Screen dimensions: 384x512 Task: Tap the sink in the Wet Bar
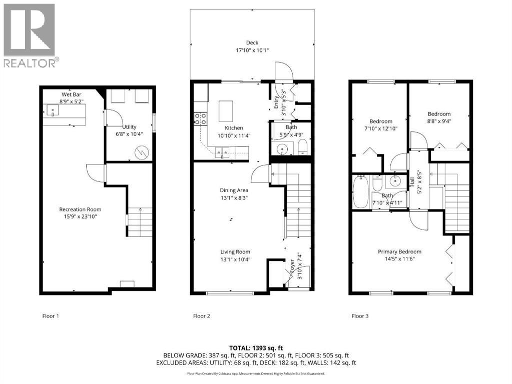click(52, 111)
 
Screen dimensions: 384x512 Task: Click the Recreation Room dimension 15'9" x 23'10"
click(80, 216)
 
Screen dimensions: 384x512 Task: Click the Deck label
click(252, 42)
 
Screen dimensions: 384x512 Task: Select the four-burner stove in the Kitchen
click(201, 118)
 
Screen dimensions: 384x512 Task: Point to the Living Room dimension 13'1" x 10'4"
click(235, 259)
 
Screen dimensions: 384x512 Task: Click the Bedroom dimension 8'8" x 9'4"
click(439, 120)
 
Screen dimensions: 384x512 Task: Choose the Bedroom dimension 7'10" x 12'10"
click(381, 128)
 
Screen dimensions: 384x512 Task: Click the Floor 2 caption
click(201, 316)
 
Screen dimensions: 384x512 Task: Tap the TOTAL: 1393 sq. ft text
click(256, 347)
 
